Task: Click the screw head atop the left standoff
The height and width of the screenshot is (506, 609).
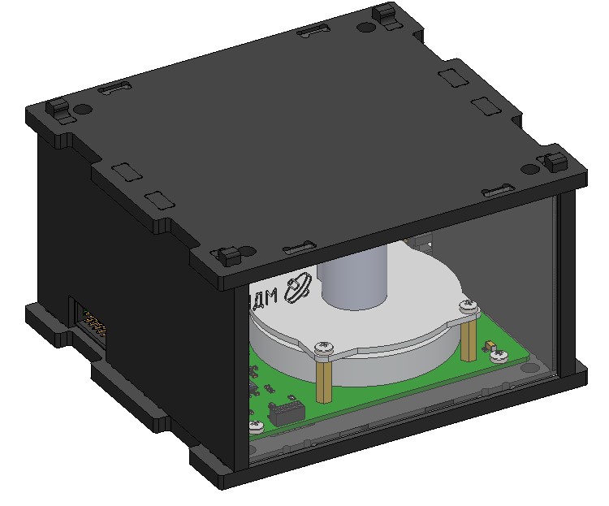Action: tap(324, 348)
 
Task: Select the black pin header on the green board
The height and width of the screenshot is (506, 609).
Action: tap(284, 411)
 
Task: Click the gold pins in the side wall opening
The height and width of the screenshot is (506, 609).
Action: tap(95, 325)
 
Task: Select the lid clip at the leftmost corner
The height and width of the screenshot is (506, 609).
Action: tap(58, 107)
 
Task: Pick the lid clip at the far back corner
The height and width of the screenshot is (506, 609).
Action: tap(383, 15)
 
